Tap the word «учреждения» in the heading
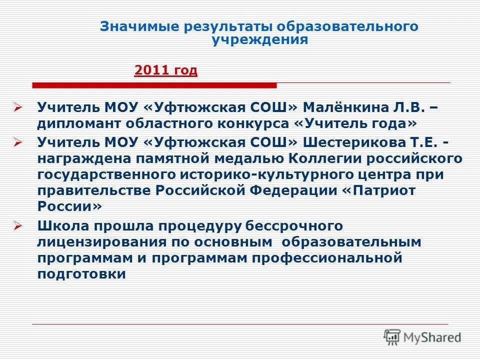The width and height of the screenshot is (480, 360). click(x=259, y=40)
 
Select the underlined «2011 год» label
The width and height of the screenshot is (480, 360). click(x=166, y=70)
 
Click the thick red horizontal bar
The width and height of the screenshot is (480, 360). click(x=154, y=86)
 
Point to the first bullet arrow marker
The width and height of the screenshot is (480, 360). click(x=18, y=107)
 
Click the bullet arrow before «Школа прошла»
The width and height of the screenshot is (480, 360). click(x=18, y=226)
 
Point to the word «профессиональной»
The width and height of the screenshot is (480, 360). click(x=327, y=258)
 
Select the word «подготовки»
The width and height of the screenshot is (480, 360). click(x=81, y=274)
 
